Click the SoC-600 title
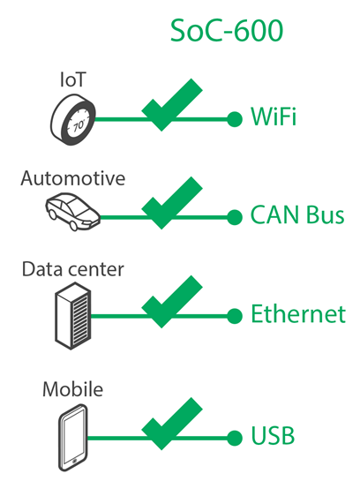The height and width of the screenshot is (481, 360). (x=227, y=30)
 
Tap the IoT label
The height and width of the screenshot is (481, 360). (x=73, y=79)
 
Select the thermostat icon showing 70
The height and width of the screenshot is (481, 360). (x=73, y=120)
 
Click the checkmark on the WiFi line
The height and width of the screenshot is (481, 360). (x=172, y=105)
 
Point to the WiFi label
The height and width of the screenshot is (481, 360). (x=274, y=116)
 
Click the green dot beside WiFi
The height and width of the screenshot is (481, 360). (x=235, y=119)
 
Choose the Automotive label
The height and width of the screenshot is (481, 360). (x=73, y=178)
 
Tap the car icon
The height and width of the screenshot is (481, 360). (x=73, y=212)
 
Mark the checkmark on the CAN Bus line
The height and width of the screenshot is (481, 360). (x=172, y=203)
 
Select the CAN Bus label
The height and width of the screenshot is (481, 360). (x=297, y=214)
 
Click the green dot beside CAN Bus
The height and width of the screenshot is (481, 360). (x=235, y=217)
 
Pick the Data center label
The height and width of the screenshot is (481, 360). (x=73, y=269)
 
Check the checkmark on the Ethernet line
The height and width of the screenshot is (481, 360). (x=172, y=302)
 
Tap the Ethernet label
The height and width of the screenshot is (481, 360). (x=298, y=313)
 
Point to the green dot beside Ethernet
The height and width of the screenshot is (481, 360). (x=235, y=316)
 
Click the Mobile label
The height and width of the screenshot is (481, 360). (x=72, y=389)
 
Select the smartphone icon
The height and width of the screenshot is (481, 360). (x=72, y=438)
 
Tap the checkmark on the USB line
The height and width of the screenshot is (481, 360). (x=172, y=424)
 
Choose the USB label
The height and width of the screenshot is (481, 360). (x=273, y=435)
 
